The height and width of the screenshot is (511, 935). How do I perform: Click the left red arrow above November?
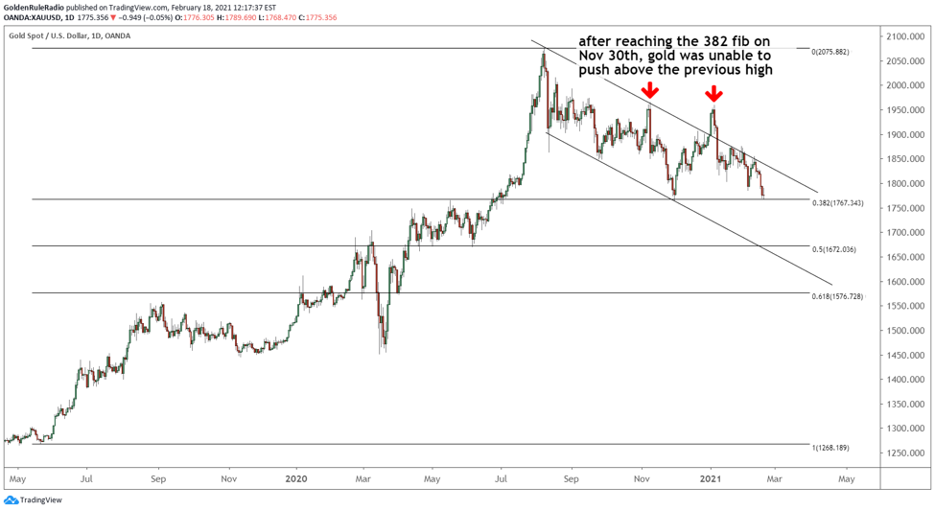point(650,91)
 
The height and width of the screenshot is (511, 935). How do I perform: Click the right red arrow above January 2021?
point(713,93)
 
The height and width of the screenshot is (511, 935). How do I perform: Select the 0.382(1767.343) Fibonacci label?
point(837,203)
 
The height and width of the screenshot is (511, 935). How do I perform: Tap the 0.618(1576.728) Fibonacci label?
point(837,296)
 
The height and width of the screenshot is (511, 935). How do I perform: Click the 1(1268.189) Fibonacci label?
point(830,448)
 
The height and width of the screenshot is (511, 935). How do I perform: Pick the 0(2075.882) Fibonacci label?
point(830,52)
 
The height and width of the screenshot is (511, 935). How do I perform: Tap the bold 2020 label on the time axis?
point(296,476)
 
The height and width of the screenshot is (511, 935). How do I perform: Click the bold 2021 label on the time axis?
point(711,476)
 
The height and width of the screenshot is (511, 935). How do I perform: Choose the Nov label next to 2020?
point(228,476)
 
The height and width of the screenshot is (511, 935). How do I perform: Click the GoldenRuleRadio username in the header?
point(39,8)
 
